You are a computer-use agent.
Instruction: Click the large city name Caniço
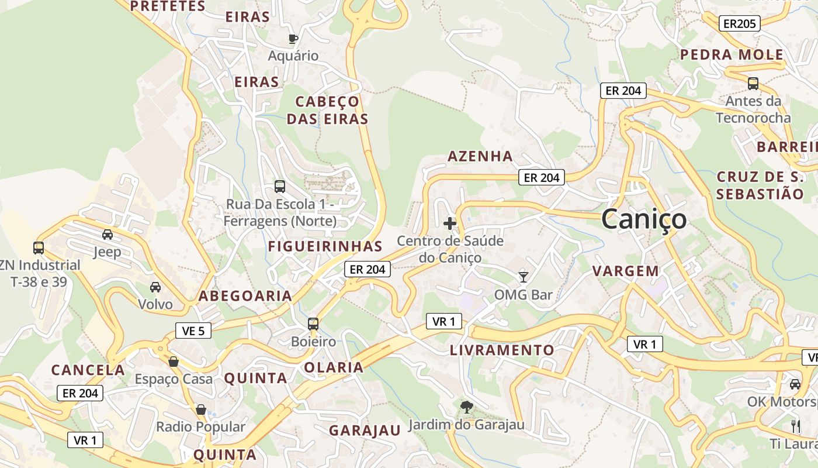click(644, 219)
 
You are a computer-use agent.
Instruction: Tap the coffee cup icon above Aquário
click(293, 39)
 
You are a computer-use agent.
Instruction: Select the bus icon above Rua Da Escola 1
click(280, 187)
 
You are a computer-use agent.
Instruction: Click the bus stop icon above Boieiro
click(313, 324)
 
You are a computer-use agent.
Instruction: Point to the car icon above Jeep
click(108, 235)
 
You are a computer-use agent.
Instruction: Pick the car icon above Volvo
click(155, 287)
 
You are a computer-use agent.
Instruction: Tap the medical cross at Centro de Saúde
click(450, 223)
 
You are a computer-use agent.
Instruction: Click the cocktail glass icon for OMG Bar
click(524, 277)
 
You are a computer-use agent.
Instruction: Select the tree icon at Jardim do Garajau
click(466, 407)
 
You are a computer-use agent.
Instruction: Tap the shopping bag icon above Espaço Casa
click(174, 361)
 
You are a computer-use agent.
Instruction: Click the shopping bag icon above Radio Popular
click(201, 409)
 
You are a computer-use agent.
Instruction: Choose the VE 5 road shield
click(193, 331)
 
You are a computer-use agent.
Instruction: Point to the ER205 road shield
click(740, 23)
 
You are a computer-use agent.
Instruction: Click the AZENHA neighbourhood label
click(480, 156)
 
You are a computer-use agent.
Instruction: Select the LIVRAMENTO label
click(502, 350)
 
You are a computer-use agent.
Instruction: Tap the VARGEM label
click(626, 271)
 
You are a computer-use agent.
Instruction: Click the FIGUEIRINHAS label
click(325, 246)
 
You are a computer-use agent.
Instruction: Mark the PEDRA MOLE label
click(732, 55)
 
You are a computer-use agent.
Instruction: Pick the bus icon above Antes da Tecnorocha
click(753, 84)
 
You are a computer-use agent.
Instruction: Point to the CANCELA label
click(88, 370)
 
